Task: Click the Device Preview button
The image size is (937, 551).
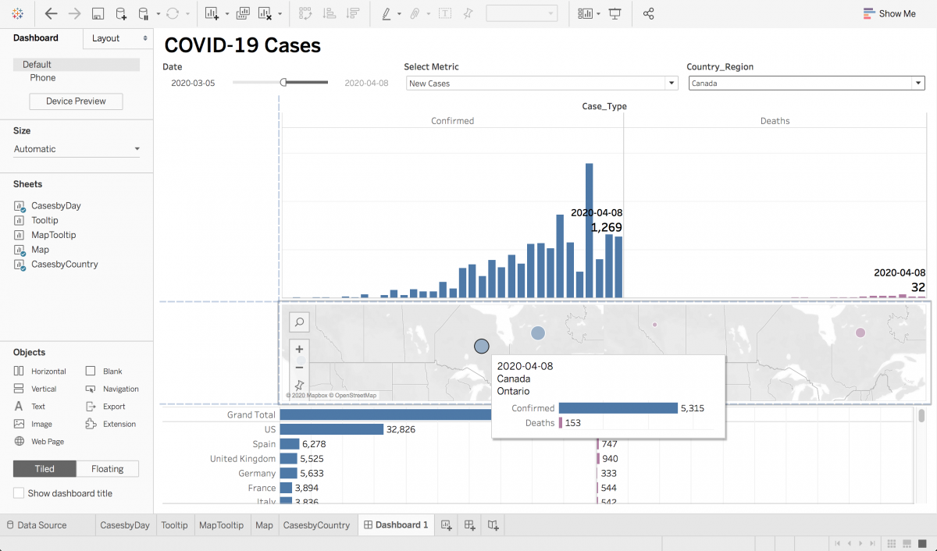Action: tap(76, 101)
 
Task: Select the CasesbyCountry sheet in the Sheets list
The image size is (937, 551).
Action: tap(64, 265)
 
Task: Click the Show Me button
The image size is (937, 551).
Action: tap(889, 13)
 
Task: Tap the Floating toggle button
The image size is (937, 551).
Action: tap(107, 469)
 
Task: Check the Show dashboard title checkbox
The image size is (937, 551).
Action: tap(19, 493)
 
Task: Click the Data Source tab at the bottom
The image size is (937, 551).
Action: tap(41, 525)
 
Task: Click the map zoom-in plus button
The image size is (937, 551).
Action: tap(299, 350)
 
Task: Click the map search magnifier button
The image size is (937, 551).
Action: tap(299, 322)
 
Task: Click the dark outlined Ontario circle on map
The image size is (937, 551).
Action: tap(482, 346)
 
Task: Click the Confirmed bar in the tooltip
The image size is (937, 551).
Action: tap(618, 408)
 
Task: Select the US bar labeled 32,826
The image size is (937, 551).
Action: tap(331, 429)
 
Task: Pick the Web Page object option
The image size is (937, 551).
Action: tap(48, 442)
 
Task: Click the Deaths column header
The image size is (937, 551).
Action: tap(775, 121)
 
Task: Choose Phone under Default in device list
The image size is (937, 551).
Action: tap(43, 78)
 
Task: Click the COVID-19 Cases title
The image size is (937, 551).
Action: tap(242, 45)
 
